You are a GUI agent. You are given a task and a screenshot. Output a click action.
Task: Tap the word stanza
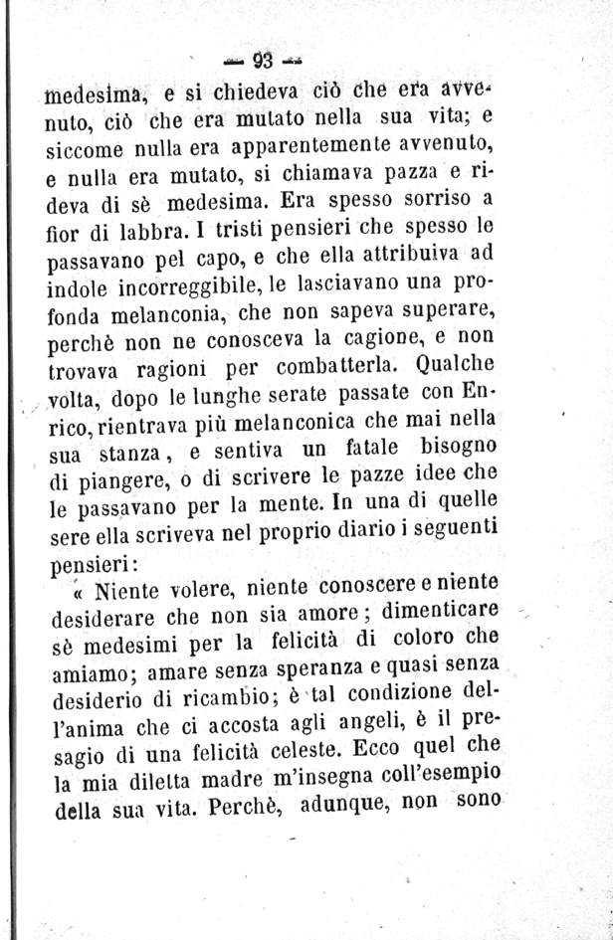[x=119, y=462]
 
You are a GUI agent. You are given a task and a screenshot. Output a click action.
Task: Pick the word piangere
[x=99, y=489]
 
